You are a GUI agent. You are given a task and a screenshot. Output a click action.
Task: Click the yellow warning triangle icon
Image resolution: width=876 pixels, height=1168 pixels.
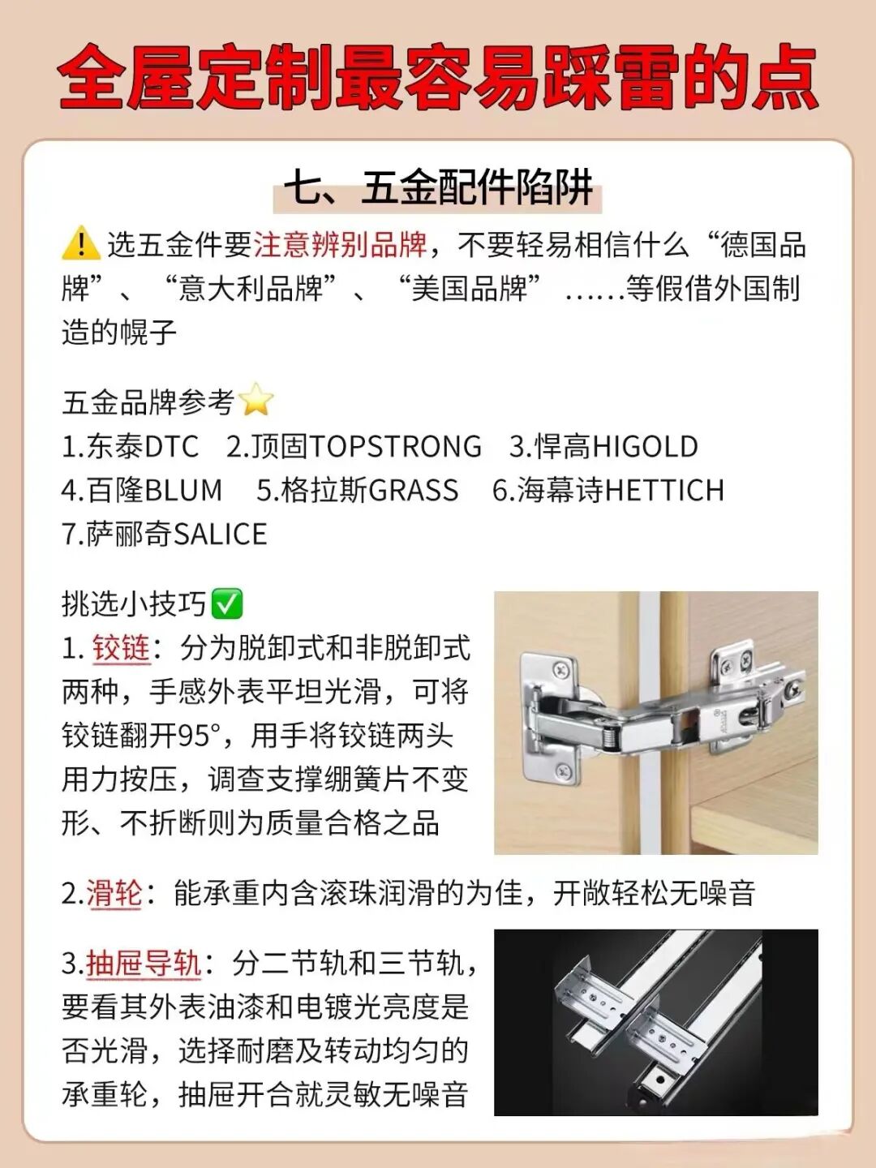pyautogui.click(x=80, y=243)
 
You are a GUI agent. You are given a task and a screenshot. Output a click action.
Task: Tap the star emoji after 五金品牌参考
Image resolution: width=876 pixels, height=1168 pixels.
pyautogui.click(x=256, y=401)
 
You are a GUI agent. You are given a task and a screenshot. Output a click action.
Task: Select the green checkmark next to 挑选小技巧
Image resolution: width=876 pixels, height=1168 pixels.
pyautogui.click(x=226, y=603)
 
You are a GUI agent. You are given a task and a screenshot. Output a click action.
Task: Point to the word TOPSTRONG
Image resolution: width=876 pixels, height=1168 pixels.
pyautogui.click(x=396, y=447)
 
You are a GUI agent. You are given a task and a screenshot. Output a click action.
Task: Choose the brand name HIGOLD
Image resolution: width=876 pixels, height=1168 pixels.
pyautogui.click(x=645, y=447)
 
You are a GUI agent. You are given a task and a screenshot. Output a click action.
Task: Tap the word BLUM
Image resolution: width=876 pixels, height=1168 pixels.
pyautogui.click(x=183, y=491)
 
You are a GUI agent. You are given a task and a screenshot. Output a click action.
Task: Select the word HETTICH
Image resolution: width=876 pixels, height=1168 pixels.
pyautogui.click(x=664, y=491)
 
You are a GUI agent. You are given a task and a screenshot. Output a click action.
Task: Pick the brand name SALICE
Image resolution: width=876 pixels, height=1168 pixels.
pyautogui.click(x=220, y=535)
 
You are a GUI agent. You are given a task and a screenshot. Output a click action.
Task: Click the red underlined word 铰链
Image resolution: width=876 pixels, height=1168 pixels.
pyautogui.click(x=122, y=648)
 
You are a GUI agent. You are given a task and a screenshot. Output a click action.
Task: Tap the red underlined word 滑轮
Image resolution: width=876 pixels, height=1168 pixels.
pyautogui.click(x=114, y=894)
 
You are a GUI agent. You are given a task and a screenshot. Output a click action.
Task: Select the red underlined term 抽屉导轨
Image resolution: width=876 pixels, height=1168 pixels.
pyautogui.click(x=144, y=964)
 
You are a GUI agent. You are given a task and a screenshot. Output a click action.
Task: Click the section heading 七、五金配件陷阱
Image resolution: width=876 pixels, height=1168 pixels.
pyautogui.click(x=438, y=188)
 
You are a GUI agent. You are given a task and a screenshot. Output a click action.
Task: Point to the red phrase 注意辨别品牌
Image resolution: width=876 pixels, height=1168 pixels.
pyautogui.click(x=341, y=244)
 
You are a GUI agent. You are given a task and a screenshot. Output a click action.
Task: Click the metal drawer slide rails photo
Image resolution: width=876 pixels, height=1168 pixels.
pyautogui.click(x=655, y=1022)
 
